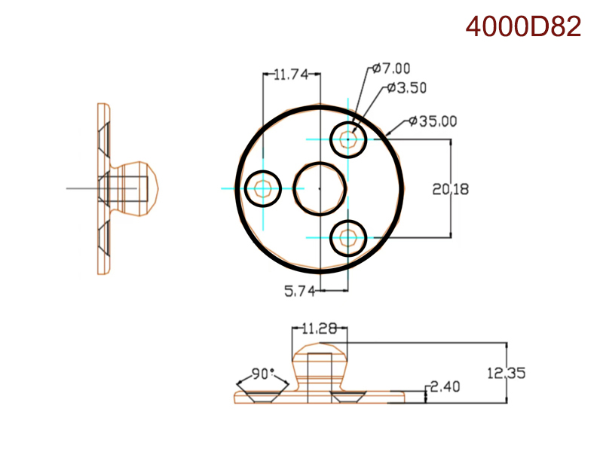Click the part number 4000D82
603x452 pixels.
(523, 26)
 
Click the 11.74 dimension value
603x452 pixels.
(291, 75)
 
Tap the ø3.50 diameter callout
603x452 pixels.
(407, 88)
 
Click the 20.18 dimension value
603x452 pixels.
(451, 189)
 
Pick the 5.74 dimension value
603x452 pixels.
(299, 291)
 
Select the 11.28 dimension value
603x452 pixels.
(320, 329)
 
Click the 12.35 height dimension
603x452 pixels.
(506, 372)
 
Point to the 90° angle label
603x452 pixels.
(263, 374)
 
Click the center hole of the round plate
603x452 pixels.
(320, 188)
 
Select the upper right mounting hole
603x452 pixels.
(348, 139)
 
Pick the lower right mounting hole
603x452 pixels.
(348, 237)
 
